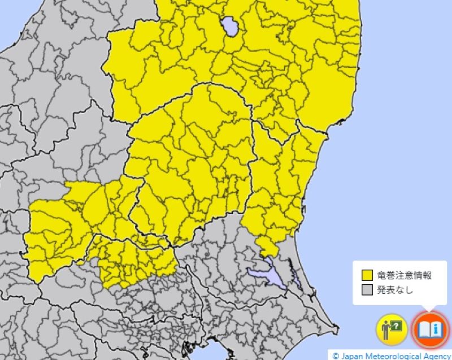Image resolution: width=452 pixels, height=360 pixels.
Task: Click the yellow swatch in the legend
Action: pyautogui.click(x=367, y=276)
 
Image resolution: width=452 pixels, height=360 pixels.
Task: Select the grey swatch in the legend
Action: pyautogui.click(x=367, y=291)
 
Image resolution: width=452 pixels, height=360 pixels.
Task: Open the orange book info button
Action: pyautogui.click(x=431, y=329)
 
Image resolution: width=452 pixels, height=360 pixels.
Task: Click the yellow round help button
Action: pyautogui.click(x=392, y=329)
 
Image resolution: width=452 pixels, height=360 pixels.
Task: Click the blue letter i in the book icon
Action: pyautogui.click(x=436, y=329)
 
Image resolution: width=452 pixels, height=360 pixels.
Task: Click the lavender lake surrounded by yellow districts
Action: pyautogui.click(x=229, y=26)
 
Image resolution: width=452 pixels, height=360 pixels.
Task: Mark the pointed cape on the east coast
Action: pyautogui.click(x=337, y=327)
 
